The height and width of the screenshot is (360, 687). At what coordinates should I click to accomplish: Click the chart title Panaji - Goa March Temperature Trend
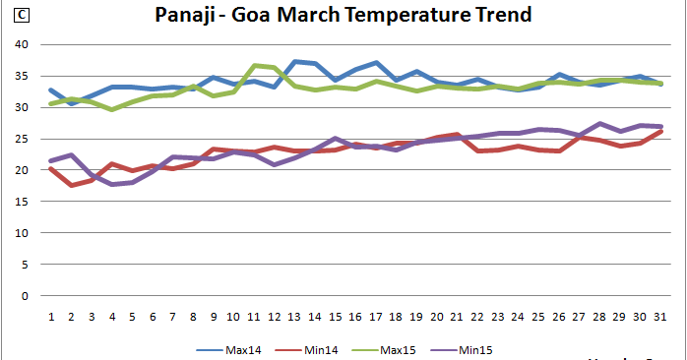tap(343, 16)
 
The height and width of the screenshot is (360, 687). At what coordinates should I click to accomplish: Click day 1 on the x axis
tap(51, 317)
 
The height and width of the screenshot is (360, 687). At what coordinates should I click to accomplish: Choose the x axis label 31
tap(658, 317)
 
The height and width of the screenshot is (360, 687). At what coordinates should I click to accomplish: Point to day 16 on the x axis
tap(355, 317)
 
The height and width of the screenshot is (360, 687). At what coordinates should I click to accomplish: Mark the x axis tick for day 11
tap(254, 317)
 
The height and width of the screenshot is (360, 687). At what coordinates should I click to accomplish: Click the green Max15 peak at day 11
tap(254, 66)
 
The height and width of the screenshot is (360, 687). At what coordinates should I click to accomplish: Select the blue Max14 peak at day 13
tap(294, 62)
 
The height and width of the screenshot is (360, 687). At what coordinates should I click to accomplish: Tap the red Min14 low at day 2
tap(71, 185)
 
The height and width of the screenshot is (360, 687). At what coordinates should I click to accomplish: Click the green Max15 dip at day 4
tap(112, 109)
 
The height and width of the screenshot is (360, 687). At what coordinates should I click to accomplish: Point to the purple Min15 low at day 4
tap(112, 184)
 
